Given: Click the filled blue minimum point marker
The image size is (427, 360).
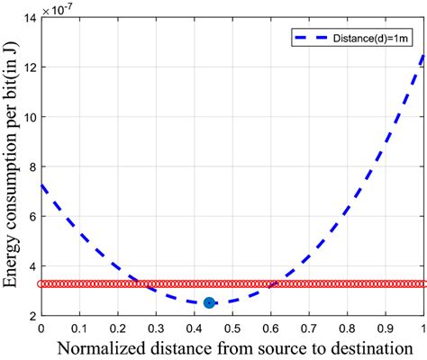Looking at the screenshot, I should (x=209, y=303).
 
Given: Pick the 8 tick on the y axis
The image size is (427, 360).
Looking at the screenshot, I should (x=31, y=167).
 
